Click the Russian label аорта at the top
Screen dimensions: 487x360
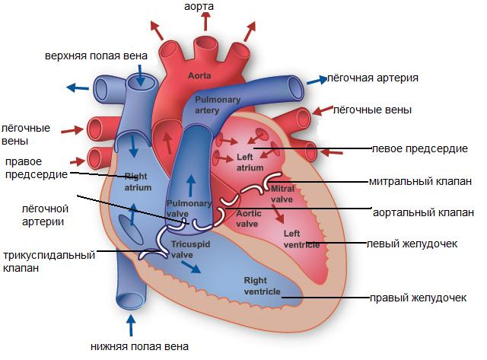tap(199, 7)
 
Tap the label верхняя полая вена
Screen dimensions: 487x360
tap(96, 56)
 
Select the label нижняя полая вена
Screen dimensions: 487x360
tap(139, 346)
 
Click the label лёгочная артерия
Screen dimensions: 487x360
tap(373, 78)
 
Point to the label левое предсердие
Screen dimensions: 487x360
tap(420, 148)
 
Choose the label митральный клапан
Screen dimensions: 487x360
tap(420, 181)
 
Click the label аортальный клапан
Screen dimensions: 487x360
tap(423, 212)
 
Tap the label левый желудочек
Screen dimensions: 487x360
tap(412, 244)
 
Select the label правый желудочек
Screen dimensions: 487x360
tap(418, 298)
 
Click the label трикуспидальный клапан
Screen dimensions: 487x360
tap(49, 261)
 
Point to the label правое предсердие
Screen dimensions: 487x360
tap(37, 168)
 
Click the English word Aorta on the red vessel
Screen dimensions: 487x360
tap(199, 75)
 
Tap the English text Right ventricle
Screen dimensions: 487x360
tap(262, 286)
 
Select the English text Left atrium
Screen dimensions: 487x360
tap(250, 162)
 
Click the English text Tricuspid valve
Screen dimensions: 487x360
tap(190, 250)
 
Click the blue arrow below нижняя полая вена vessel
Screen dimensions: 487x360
tap(131, 325)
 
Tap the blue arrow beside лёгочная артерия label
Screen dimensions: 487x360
tap(317, 80)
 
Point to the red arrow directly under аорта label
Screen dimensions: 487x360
tap(205, 22)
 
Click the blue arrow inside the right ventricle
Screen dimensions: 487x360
tap(191, 267)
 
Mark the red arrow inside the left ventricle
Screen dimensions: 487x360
tap(278, 214)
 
